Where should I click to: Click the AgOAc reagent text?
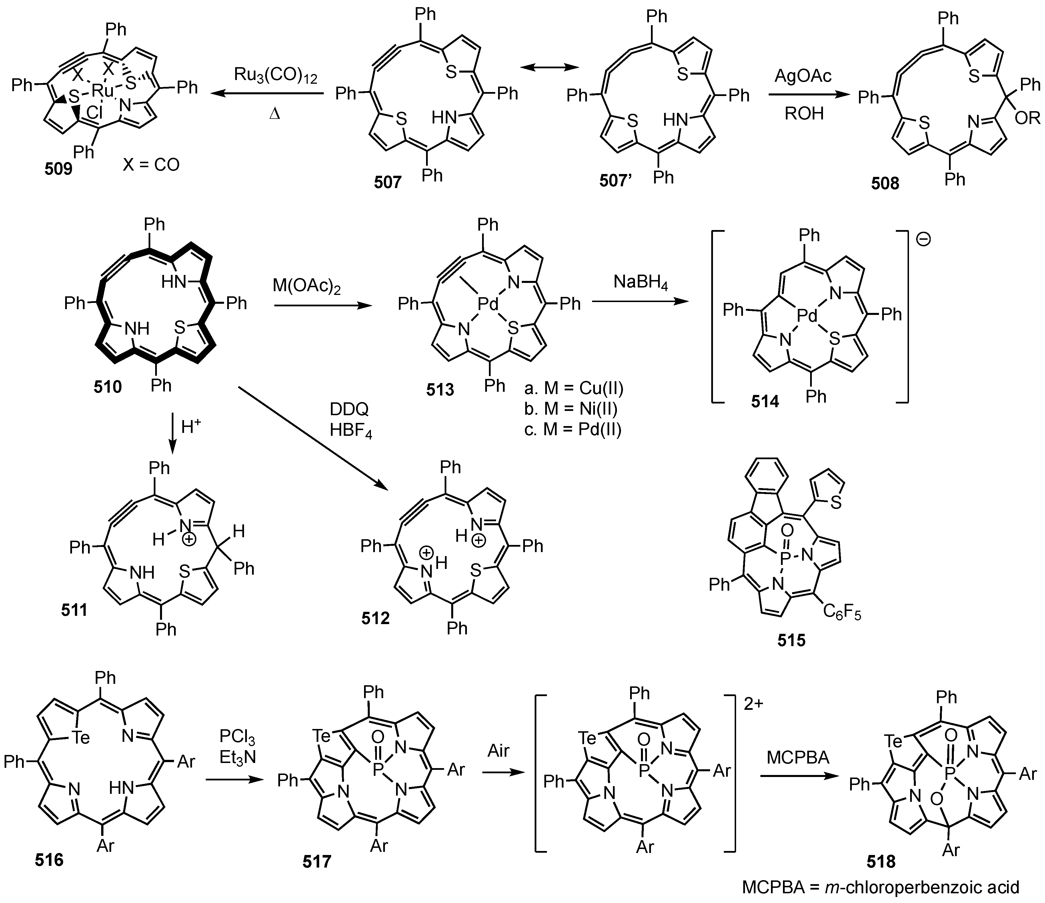pos(803,76)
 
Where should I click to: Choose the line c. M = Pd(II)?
pos(572,429)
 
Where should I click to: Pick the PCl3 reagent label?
pos(237,738)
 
